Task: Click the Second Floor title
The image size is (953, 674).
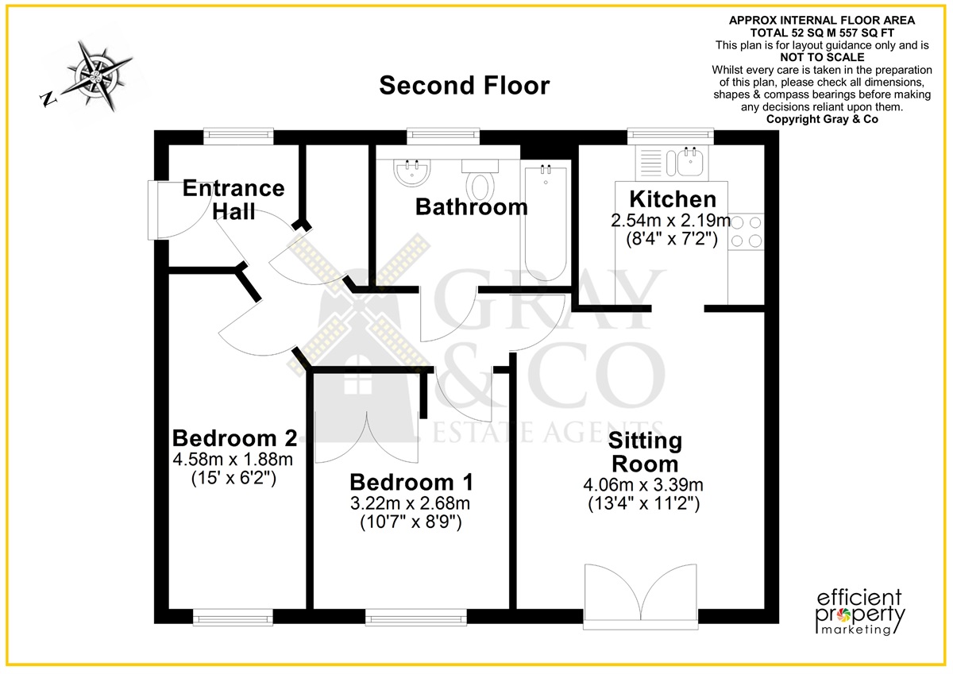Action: click(x=464, y=86)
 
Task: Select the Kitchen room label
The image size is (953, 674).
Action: click(x=673, y=199)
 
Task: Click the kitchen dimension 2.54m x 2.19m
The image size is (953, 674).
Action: click(x=671, y=221)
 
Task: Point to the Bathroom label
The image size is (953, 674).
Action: click(x=472, y=207)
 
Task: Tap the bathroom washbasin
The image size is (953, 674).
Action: click(x=412, y=172)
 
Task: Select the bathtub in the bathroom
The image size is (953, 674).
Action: click(x=546, y=222)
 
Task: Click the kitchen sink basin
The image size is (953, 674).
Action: click(x=690, y=161)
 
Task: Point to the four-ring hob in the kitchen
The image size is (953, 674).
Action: click(x=746, y=232)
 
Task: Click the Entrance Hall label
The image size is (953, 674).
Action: click(x=233, y=199)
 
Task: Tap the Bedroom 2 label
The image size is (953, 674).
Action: click(x=234, y=438)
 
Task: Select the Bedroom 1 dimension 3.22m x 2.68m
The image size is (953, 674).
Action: click(x=410, y=503)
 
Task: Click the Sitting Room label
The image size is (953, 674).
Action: click(x=645, y=452)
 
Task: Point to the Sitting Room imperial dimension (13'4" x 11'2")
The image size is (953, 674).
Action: click(x=644, y=504)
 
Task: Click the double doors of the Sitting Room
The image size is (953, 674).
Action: click(x=641, y=595)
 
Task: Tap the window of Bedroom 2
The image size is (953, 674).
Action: click(x=233, y=617)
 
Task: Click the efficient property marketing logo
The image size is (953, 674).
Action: click(x=859, y=612)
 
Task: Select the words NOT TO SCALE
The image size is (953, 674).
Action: click(x=822, y=57)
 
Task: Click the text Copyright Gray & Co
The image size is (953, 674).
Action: click(x=822, y=120)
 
